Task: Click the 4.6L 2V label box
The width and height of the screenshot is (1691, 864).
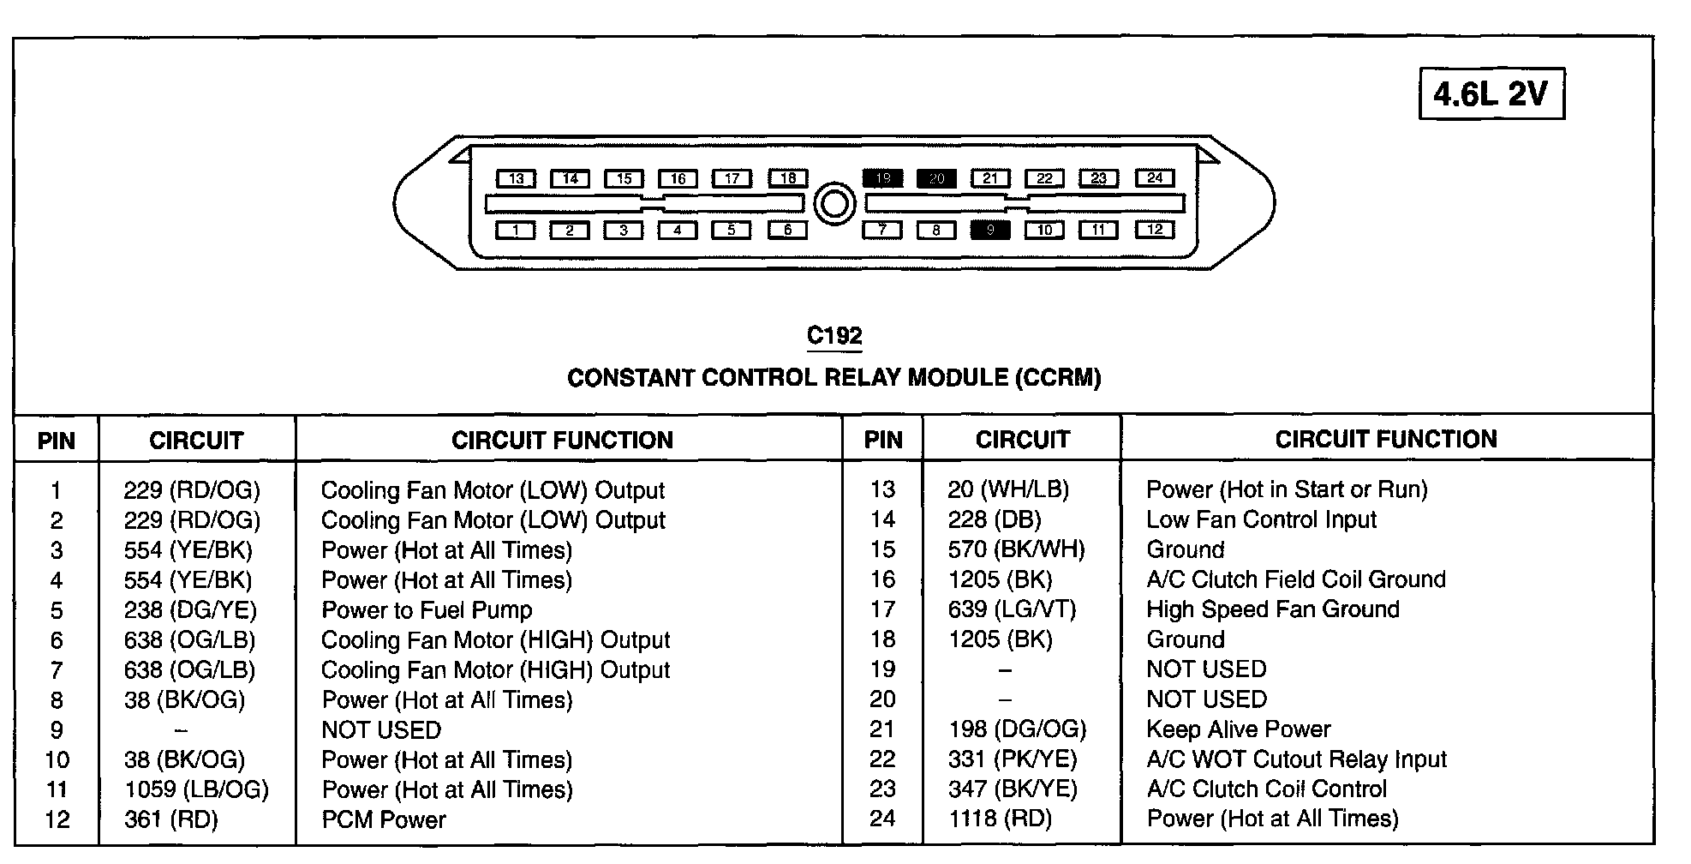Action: tap(1491, 93)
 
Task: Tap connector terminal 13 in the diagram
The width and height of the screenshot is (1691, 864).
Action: tap(516, 178)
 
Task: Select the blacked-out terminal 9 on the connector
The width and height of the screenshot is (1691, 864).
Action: tap(990, 230)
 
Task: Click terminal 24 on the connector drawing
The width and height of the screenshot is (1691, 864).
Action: tap(1155, 177)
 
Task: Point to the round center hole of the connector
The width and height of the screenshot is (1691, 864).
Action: tap(834, 204)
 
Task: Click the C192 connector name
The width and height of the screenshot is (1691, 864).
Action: tap(834, 335)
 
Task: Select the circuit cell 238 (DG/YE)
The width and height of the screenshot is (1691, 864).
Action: tap(190, 609)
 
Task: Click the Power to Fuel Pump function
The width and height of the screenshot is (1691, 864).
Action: tap(427, 609)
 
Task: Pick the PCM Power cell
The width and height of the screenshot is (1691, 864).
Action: tap(384, 819)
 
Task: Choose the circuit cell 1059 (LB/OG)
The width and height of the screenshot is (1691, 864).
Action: tap(196, 789)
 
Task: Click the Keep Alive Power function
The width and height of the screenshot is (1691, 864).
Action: tap(1239, 729)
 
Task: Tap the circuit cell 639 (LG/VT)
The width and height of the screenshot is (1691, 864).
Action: tap(1012, 609)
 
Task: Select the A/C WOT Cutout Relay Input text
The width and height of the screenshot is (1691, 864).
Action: tap(1296, 759)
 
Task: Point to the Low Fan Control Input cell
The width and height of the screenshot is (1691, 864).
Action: tap(1261, 519)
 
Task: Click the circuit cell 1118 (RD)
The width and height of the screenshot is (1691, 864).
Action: tap(1000, 819)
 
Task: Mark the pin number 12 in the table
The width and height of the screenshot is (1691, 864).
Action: tap(57, 819)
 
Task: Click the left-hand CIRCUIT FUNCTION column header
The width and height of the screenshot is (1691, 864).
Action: tap(562, 440)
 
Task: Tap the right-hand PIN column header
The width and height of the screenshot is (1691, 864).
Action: tap(883, 440)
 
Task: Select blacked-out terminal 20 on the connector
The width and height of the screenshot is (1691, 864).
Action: tap(936, 178)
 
